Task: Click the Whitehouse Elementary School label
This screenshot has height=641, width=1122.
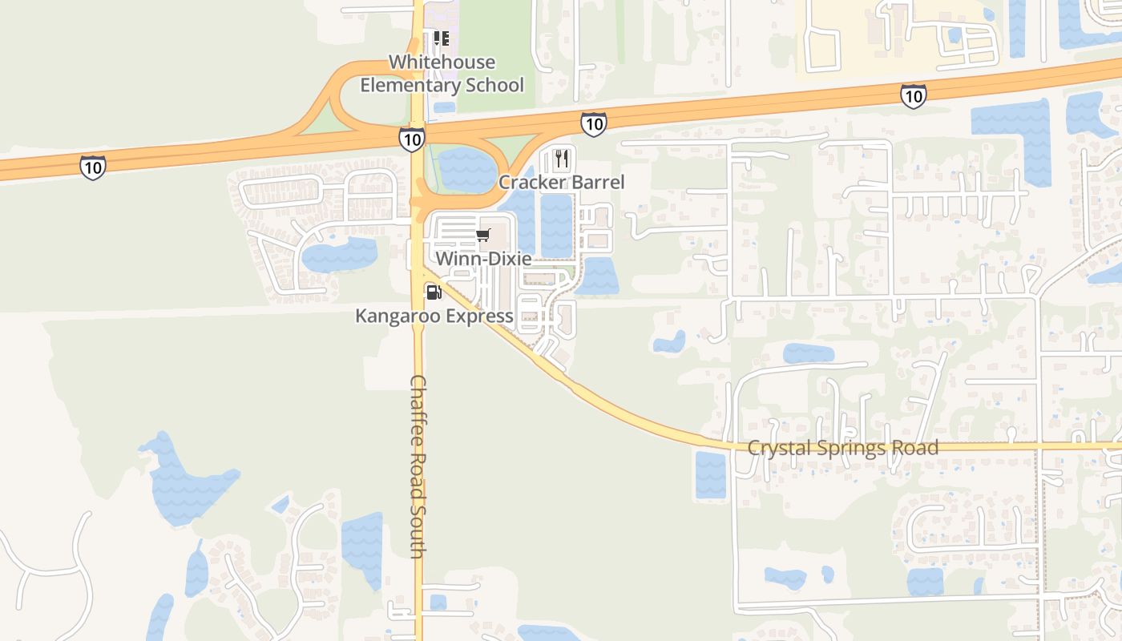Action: tap(442, 74)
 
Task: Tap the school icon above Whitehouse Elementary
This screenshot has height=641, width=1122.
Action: tap(441, 38)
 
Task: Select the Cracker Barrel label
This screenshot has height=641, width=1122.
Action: tap(561, 183)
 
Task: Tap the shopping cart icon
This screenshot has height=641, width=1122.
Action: tap(482, 235)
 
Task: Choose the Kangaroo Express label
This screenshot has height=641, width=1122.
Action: tap(434, 316)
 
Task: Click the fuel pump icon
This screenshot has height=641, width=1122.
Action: tap(434, 292)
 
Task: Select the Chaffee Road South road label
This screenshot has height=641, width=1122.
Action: tap(418, 466)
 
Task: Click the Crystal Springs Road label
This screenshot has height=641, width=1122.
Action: tap(842, 448)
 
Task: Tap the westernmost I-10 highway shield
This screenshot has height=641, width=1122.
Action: tap(93, 167)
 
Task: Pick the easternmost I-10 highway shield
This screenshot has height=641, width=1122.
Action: tap(913, 96)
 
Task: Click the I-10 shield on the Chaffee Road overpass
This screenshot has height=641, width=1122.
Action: tap(412, 139)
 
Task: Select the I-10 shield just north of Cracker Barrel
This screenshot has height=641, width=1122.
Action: tap(593, 123)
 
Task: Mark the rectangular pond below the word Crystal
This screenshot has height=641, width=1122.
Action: tap(710, 474)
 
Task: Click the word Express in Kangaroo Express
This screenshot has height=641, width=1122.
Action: tap(481, 316)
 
